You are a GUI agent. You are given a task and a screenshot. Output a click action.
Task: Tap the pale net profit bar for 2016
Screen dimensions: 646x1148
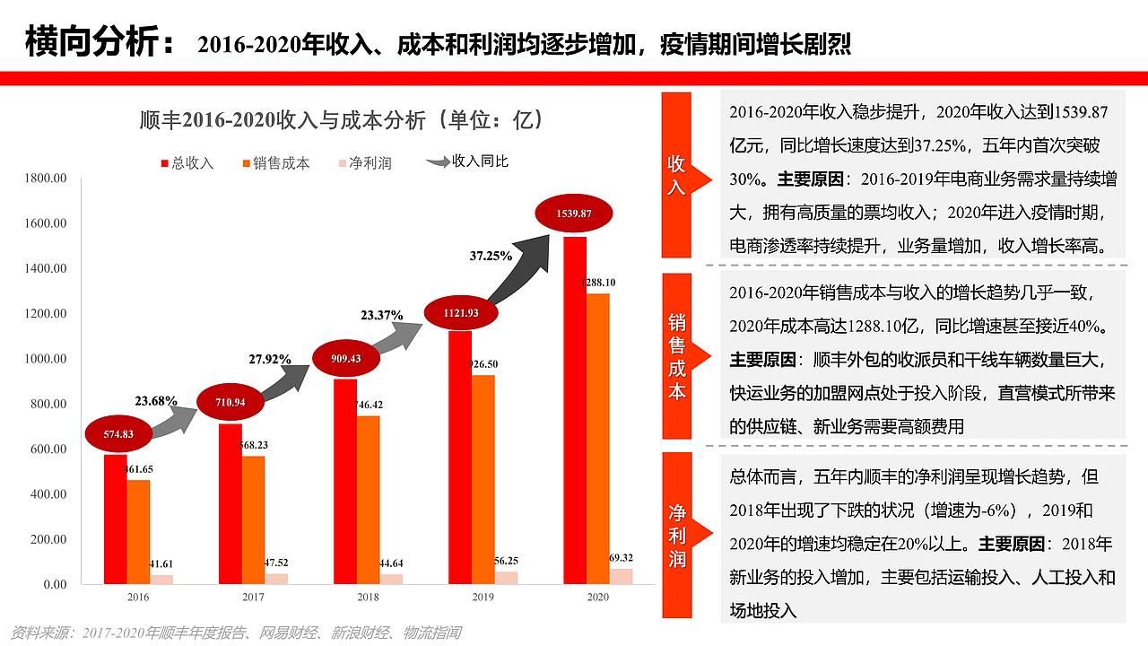(161, 579)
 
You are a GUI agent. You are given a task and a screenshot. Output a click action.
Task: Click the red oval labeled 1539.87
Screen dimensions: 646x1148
(574, 214)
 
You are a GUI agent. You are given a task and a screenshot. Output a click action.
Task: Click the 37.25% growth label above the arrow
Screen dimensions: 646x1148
(491, 256)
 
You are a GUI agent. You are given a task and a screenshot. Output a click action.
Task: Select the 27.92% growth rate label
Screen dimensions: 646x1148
(269, 359)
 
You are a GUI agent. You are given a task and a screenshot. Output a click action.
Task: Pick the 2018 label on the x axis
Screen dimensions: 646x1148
(368, 597)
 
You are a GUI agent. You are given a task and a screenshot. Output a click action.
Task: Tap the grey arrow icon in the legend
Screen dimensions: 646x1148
(437, 161)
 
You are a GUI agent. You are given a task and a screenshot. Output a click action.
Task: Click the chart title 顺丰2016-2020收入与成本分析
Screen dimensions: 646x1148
(341, 120)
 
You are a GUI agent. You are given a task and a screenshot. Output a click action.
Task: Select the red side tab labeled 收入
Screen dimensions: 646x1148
(677, 176)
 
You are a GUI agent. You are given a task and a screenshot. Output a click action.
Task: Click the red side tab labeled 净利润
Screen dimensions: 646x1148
(677, 536)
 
